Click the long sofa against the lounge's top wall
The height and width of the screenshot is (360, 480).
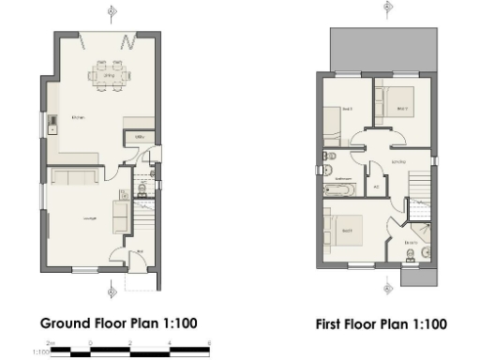point(71,177)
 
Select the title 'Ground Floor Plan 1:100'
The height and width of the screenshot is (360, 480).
point(118,323)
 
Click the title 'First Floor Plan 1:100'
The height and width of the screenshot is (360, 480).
point(382,324)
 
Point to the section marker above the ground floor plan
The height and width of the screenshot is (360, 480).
point(112,11)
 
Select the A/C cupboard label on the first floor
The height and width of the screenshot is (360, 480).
point(376,187)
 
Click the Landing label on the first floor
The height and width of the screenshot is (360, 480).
point(397,161)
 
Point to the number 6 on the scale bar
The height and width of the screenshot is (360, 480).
point(210,344)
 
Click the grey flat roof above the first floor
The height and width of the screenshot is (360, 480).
point(382,49)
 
